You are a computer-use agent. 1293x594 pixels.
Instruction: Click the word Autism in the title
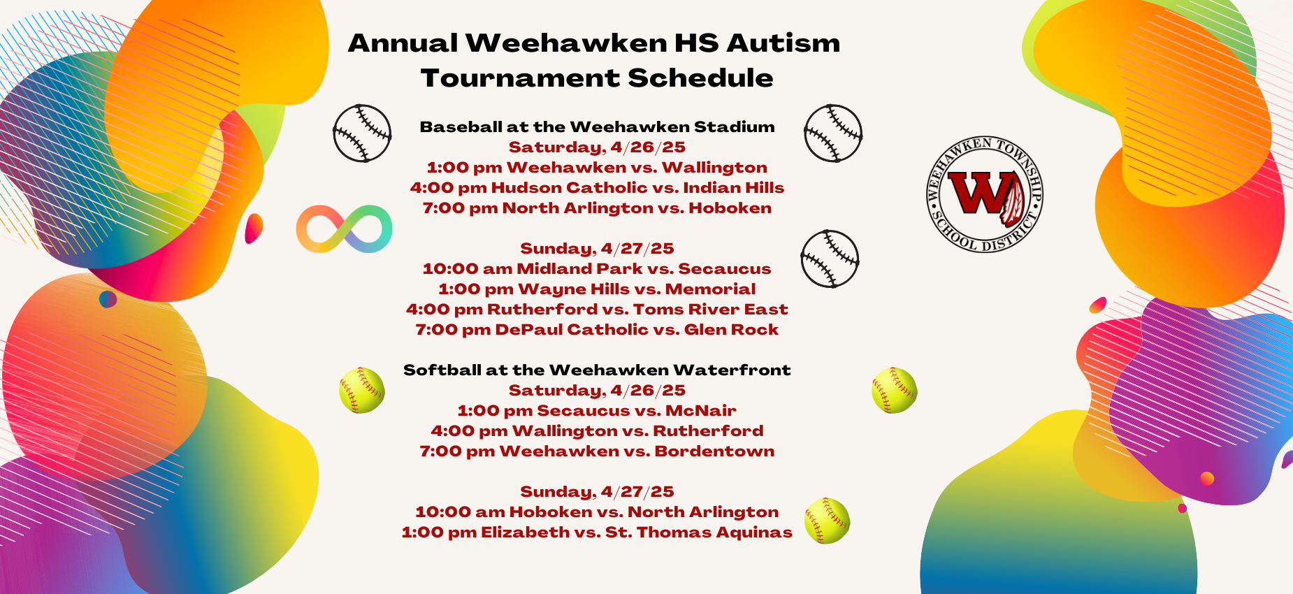coord(783,43)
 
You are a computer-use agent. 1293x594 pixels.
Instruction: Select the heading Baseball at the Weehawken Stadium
coord(597,127)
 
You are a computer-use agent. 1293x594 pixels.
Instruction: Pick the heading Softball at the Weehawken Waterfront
coord(597,370)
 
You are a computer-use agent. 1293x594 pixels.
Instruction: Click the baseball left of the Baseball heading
coord(362,133)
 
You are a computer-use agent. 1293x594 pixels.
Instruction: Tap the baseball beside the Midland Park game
coord(830,259)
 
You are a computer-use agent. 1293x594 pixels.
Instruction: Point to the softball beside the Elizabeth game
coord(827,521)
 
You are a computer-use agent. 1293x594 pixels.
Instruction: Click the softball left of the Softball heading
coord(362,390)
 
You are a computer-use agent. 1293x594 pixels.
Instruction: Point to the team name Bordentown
coord(714,451)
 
